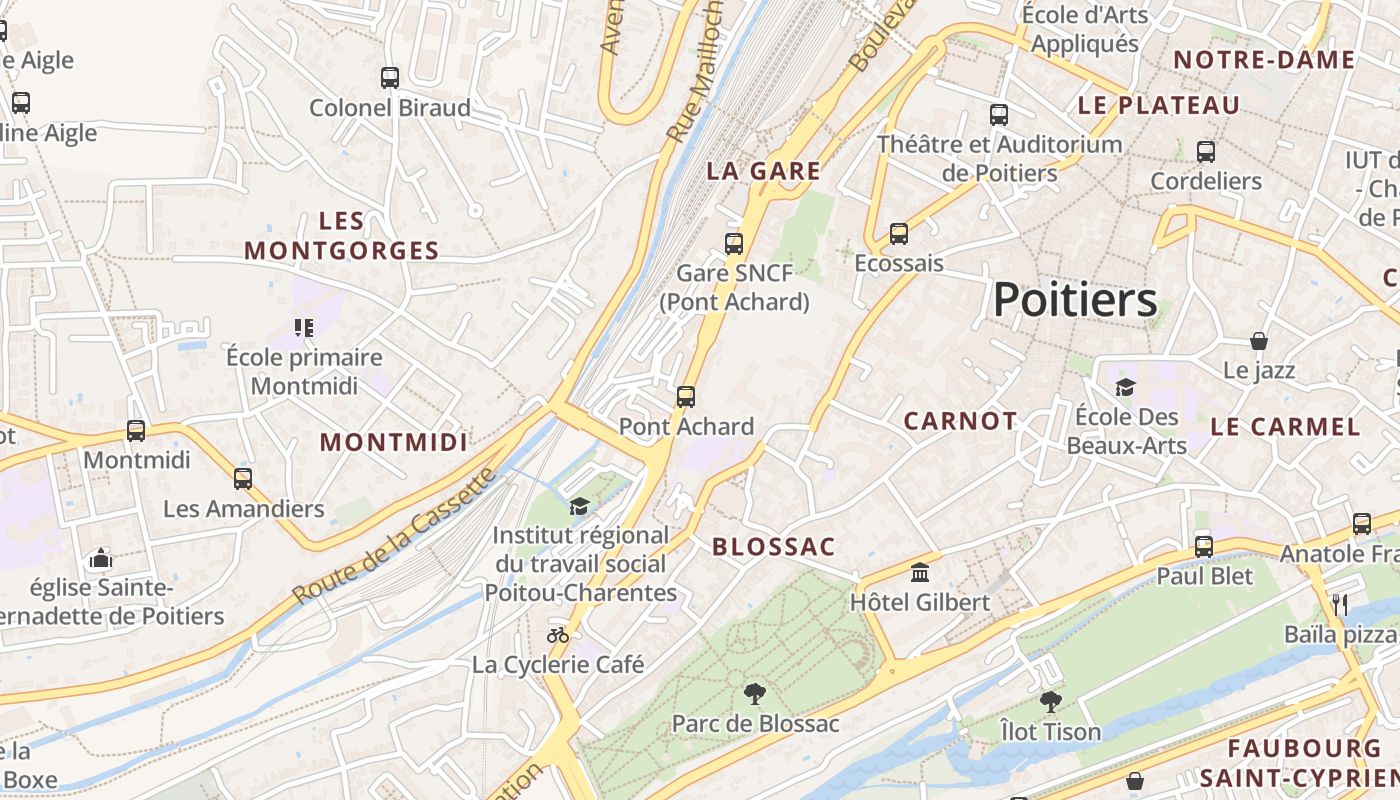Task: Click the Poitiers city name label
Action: [1075, 300]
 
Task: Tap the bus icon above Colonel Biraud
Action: [390, 77]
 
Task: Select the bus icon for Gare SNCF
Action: [734, 243]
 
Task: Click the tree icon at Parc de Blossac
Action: [755, 693]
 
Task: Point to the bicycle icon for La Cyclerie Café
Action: [558, 634]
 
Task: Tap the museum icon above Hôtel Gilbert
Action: [920, 573]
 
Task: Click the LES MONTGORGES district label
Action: [341, 236]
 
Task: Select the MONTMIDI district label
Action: [393, 442]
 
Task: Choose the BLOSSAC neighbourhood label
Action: [773, 547]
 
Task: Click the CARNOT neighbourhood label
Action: [960, 422]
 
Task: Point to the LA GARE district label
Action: [763, 171]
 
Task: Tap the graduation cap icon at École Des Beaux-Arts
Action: [1125, 387]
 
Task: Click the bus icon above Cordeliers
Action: [1206, 152]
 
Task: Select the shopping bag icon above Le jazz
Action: [1259, 341]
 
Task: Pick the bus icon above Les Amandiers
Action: [243, 478]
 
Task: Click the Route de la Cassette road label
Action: [395, 537]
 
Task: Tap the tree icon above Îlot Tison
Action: [1050, 701]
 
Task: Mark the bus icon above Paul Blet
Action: [1204, 546]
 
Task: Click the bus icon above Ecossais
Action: [899, 234]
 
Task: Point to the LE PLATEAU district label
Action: [1159, 105]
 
